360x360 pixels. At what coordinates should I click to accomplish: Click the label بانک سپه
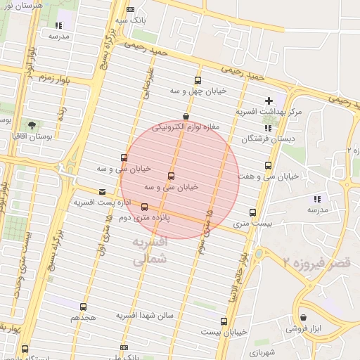coord(131,20)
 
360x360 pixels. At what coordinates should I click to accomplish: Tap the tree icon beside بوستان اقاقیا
coord(30,125)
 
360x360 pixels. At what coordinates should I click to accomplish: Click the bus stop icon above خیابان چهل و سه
coord(197,80)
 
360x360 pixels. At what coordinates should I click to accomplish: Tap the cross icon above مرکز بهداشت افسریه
coord(269,101)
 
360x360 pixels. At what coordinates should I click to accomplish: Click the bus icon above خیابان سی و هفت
coord(268,165)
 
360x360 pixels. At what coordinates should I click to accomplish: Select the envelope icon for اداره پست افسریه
coord(103,191)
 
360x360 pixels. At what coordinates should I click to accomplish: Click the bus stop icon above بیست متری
coord(252,212)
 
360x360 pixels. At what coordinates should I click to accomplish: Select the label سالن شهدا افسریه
coord(144,316)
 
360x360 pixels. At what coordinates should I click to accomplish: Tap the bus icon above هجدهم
coord(83,307)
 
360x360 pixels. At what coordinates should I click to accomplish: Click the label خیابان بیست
coord(224,331)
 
